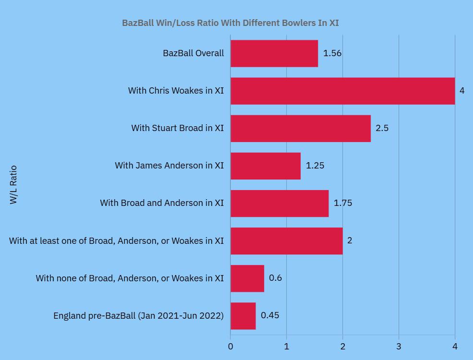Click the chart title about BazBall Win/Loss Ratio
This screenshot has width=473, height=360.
tap(230, 23)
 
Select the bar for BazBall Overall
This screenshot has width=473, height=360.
tap(274, 53)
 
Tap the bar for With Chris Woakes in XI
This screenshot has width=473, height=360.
tap(342, 91)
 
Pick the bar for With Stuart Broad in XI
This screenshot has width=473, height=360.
tap(301, 128)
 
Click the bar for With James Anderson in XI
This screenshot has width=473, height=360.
tap(266, 166)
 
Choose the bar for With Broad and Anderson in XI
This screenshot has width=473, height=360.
tap(279, 203)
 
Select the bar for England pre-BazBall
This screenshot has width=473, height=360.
tap(243, 316)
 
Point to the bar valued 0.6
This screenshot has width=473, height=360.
tap(247, 278)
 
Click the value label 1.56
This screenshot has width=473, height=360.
tap(332, 53)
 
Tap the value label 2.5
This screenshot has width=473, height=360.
tap(382, 128)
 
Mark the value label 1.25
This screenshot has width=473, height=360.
tap(315, 166)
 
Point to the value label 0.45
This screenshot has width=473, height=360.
tap(270, 316)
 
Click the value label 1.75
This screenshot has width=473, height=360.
tap(343, 203)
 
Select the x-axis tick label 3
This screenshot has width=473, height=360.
tap(399, 347)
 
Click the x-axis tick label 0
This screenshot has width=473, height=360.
tap(230, 347)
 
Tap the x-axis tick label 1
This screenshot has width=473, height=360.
tap(287, 347)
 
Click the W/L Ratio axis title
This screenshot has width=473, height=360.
tap(13, 185)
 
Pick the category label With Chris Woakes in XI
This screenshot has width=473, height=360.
tap(176, 91)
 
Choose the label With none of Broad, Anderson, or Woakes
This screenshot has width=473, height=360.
tap(130, 278)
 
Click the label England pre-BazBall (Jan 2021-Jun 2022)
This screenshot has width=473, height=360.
tap(138, 316)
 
